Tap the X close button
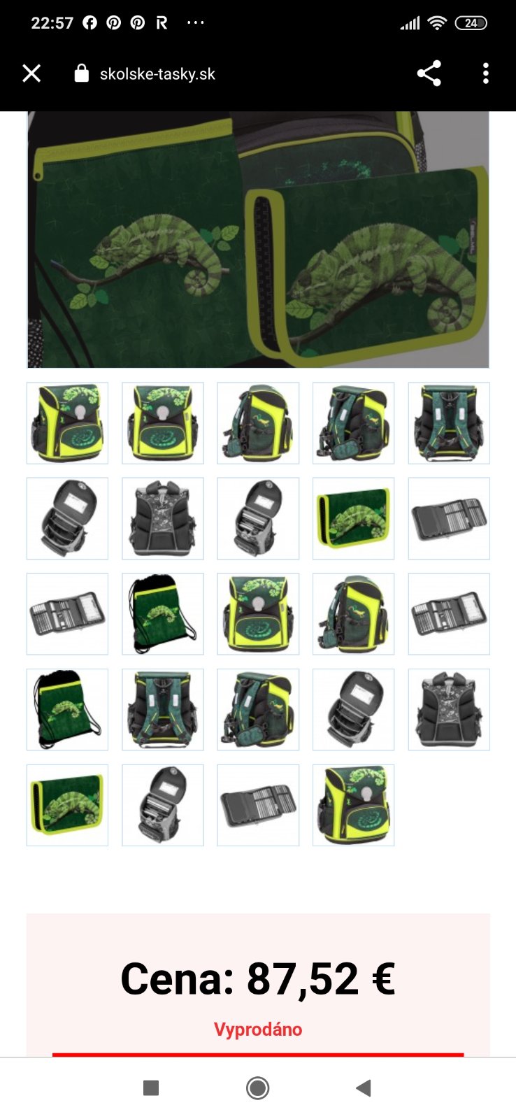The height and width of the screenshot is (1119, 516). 31,73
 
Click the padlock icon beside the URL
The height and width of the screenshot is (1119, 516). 81,73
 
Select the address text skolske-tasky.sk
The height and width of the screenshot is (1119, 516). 157,74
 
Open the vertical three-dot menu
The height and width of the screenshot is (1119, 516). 485,73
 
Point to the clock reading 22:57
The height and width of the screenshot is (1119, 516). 52,23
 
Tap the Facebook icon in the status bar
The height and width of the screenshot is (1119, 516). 90,23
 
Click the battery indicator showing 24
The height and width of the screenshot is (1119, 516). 471,23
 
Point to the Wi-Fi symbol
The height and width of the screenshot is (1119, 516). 437,23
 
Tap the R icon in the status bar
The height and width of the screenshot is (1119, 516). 162,23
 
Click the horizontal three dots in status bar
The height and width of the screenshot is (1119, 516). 195,22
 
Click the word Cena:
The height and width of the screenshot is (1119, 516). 178,978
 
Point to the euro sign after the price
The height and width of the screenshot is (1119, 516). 384,979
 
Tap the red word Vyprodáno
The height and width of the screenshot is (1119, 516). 258,1029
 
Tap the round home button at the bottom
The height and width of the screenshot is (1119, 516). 258,1088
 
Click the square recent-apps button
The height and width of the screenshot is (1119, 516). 151,1088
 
